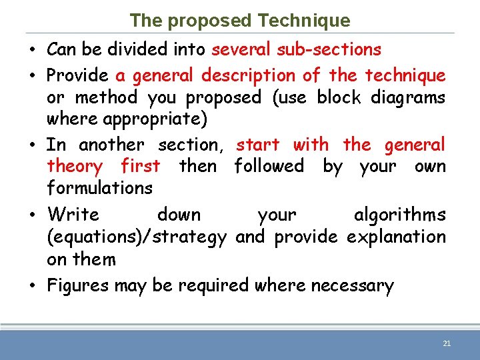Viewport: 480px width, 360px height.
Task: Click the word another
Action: point(111,145)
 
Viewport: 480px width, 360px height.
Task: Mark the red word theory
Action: point(75,166)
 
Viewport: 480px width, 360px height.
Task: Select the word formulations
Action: point(99,188)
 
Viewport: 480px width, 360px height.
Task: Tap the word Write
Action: point(73,215)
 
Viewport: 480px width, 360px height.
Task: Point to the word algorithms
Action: point(399,215)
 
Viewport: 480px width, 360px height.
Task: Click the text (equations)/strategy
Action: point(137,237)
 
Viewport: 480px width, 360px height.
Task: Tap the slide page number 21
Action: point(447,343)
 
